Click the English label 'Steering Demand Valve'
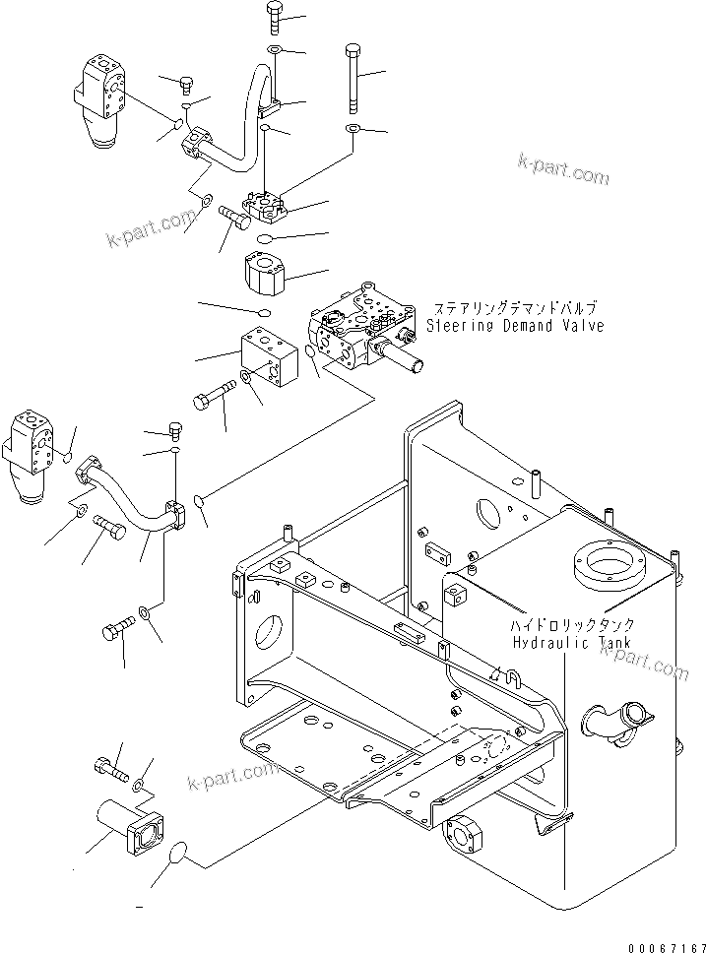pos(514,325)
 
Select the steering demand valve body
pos(364,330)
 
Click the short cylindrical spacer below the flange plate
pos(266,269)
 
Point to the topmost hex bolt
pos(275,17)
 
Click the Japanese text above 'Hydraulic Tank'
pos(572,625)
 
